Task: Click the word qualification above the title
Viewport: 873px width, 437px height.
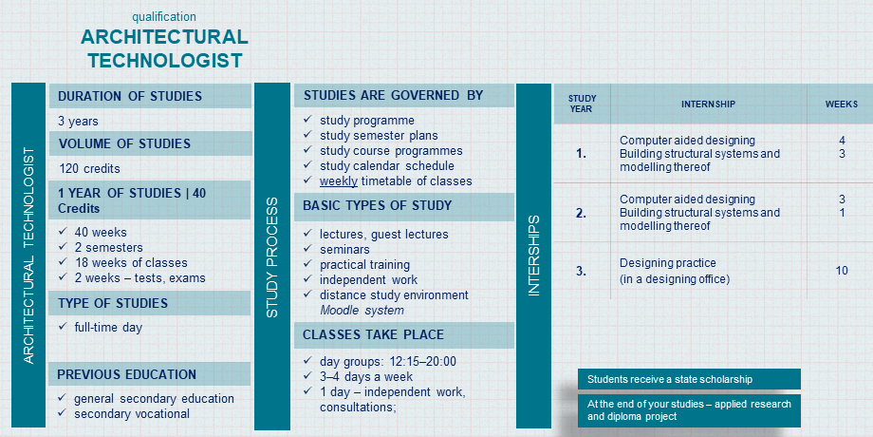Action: (164, 17)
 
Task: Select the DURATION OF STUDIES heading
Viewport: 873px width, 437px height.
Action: (130, 96)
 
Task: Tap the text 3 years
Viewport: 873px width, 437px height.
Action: (78, 121)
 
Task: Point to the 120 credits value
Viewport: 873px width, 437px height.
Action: (89, 168)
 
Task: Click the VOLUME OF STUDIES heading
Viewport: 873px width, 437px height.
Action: (124, 143)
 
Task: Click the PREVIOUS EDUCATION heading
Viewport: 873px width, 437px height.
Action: (127, 374)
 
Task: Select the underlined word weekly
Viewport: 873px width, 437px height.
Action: (339, 180)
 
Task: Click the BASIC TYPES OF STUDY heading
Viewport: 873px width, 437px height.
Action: (377, 205)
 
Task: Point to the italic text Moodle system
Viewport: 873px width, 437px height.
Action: (362, 311)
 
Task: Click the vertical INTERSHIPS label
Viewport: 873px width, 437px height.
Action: (533, 256)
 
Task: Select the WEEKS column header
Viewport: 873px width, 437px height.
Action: (842, 104)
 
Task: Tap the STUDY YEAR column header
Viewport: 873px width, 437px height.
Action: (582, 104)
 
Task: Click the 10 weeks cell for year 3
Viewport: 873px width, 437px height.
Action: (842, 271)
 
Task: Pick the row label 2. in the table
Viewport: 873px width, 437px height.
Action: (582, 213)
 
